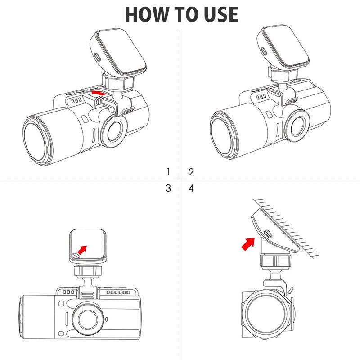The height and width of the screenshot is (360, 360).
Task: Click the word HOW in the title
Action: [147, 14]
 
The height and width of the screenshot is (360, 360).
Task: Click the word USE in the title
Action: [221, 14]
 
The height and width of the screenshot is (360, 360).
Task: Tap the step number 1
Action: [168, 172]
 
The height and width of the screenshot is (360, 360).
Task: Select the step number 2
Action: [191, 172]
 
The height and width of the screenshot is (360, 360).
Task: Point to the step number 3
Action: [168, 188]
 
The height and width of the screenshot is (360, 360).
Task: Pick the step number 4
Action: [191, 188]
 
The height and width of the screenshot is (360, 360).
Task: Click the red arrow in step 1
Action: [99, 93]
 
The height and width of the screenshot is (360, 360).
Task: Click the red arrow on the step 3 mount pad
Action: [82, 250]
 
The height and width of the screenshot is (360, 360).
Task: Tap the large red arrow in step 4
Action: [248, 244]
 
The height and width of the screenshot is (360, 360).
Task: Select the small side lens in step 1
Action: [114, 131]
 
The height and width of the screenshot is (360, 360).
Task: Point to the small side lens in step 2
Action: [298, 127]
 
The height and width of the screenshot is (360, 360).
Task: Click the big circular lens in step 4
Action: [266, 314]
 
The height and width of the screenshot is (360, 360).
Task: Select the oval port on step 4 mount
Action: [268, 234]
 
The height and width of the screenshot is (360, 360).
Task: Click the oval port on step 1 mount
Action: [97, 57]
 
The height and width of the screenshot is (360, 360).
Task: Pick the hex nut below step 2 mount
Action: [283, 74]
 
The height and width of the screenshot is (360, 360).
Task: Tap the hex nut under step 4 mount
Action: [275, 261]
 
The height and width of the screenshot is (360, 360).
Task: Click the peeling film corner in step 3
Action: [75, 256]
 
